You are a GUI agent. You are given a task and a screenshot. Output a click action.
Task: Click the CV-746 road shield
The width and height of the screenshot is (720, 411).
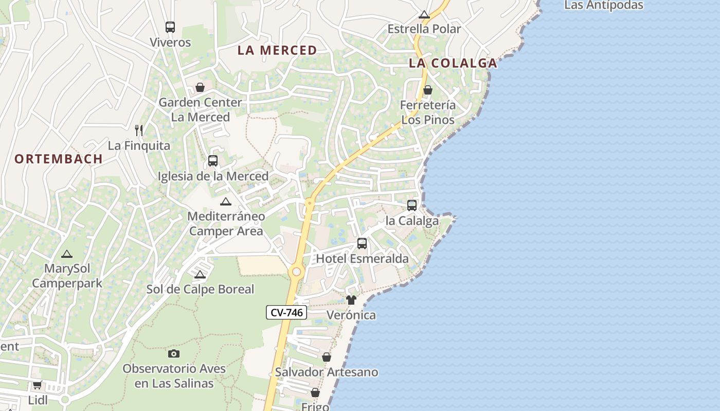pos(286,312)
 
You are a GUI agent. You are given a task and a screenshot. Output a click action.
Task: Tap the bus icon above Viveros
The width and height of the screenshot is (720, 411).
pos(170,27)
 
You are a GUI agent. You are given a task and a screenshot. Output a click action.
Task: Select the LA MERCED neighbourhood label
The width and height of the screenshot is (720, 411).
pos(277,50)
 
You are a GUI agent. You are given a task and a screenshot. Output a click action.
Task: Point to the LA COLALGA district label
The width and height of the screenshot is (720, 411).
pos(453,63)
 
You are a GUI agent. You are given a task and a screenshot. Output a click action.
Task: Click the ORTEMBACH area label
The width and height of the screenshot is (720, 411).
pos(59,159)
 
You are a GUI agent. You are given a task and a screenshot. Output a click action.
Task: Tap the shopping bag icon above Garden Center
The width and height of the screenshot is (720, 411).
pos(200,87)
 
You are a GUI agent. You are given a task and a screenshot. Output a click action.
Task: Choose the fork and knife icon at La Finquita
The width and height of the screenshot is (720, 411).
pos(138,130)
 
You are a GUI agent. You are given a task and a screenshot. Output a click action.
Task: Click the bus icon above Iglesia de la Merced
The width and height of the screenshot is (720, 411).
pos(213,161)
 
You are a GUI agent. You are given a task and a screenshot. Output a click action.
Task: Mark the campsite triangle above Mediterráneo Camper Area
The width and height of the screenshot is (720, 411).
pos(225,201)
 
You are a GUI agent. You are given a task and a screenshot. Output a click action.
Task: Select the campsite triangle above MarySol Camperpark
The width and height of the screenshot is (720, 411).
pos(67,254)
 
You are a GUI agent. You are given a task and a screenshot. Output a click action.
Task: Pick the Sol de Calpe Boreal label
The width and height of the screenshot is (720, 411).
pos(201,289)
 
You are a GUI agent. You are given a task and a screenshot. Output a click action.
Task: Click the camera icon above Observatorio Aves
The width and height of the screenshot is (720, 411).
pos(174,353)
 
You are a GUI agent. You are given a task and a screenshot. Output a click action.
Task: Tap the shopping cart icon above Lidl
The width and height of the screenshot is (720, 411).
pos(37,385)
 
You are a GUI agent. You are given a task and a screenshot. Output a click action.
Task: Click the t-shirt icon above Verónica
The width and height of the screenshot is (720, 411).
pos(351,300)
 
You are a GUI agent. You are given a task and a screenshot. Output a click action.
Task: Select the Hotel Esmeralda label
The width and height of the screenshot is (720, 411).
pos(362,258)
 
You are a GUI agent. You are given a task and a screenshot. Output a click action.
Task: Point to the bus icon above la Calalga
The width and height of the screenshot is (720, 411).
pos(412,206)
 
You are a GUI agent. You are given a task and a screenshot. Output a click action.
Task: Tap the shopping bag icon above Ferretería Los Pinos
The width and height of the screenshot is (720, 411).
pos(427,90)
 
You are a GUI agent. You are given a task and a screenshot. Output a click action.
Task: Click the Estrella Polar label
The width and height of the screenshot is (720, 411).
pos(424,29)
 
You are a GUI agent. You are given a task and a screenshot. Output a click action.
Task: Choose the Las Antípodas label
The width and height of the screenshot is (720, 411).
pos(604,6)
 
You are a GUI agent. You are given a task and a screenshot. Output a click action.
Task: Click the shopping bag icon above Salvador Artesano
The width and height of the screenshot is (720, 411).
pos(327,357)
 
